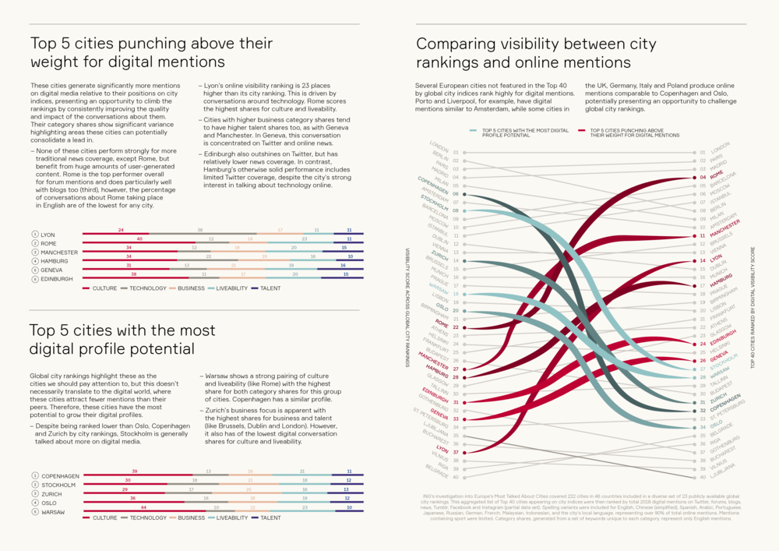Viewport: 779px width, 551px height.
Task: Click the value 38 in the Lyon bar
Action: [200, 230]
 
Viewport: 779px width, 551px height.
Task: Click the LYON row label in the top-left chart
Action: [48, 235]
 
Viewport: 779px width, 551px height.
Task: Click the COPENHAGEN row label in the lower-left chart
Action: [60, 476]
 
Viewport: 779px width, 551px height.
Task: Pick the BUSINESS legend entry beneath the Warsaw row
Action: [190, 517]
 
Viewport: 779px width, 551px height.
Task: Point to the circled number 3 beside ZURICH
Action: [34, 494]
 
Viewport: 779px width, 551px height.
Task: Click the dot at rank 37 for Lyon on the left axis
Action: [464, 452]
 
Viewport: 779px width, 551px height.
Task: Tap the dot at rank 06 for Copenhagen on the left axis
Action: [464, 194]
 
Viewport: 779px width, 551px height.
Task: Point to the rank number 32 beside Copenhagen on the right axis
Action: [702, 410]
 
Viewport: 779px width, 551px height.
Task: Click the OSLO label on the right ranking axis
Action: [716, 425]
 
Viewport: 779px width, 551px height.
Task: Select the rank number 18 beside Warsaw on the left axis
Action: [455, 294]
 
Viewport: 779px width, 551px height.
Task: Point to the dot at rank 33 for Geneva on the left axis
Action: [464, 419]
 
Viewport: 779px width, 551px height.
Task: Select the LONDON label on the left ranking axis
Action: [439, 147]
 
